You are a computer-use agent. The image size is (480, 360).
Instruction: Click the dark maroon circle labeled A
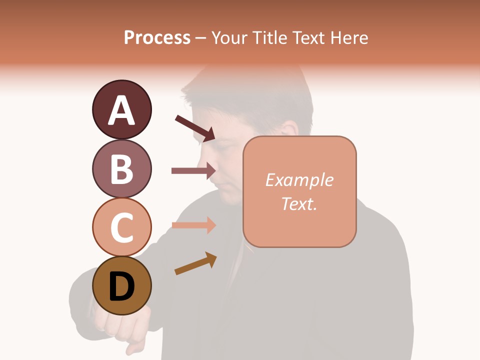pyautogui.click(x=121, y=109)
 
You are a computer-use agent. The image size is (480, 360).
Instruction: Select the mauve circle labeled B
pyautogui.click(x=121, y=168)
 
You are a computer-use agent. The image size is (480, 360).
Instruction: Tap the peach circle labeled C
pyautogui.click(x=121, y=227)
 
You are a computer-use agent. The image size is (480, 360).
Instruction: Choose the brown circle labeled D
pyautogui.click(x=121, y=286)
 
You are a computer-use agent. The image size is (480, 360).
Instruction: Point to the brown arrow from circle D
pyautogui.click(x=195, y=263)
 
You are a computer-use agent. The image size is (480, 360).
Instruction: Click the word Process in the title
pyautogui.click(x=157, y=38)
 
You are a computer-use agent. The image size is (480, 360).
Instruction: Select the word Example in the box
pyautogui.click(x=299, y=180)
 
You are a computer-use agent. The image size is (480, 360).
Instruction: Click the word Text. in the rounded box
pyautogui.click(x=299, y=203)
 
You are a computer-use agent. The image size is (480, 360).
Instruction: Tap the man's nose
pyautogui.click(x=209, y=169)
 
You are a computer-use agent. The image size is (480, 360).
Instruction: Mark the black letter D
pyautogui.click(x=121, y=287)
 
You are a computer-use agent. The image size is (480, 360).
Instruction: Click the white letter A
pyautogui.click(x=121, y=110)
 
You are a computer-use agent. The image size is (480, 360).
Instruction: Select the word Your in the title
pyautogui.click(x=227, y=38)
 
